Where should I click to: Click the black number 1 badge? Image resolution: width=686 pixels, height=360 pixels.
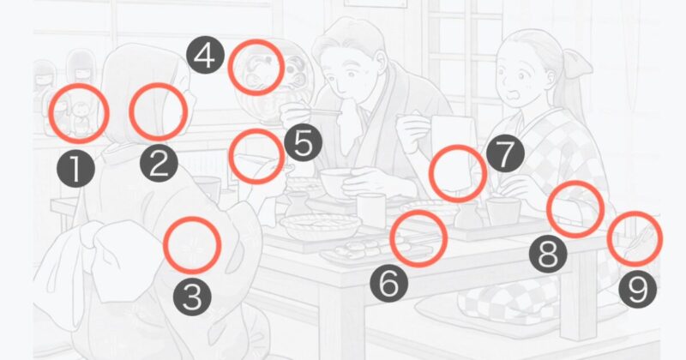click(x=75, y=168)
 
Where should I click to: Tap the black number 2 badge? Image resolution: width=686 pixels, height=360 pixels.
click(x=159, y=163)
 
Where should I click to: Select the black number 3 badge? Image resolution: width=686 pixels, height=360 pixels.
click(x=192, y=297)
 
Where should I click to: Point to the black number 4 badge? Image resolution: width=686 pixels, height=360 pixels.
click(x=206, y=55)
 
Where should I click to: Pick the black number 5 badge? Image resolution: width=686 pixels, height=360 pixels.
click(x=304, y=142)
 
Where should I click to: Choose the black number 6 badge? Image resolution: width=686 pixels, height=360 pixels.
click(x=389, y=284)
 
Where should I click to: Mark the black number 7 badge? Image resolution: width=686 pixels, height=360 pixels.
click(x=505, y=153)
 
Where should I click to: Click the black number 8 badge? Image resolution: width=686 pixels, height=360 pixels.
click(x=548, y=254)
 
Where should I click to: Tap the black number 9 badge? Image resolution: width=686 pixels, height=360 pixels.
click(x=637, y=289)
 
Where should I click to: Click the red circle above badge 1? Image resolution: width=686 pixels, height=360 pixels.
click(x=49, y=113)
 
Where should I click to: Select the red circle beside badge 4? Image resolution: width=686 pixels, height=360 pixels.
click(x=228, y=68)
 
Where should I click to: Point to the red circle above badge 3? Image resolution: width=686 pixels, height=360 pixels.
click(x=164, y=245)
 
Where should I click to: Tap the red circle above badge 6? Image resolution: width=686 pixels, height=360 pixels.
click(x=390, y=238)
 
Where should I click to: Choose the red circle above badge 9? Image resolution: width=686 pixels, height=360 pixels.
click(x=609, y=239)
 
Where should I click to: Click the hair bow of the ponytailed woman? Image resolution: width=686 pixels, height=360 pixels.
click(x=577, y=63)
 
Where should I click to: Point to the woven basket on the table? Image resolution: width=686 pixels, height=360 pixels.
click(x=320, y=226)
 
